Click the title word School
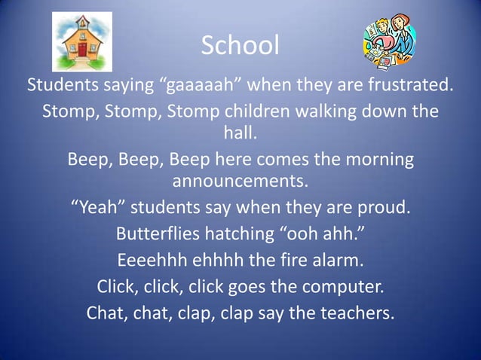pos(240,46)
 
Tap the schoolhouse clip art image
pos(81,41)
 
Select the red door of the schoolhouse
pos(82,52)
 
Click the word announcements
pos(240,183)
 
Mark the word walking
pos(332,111)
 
